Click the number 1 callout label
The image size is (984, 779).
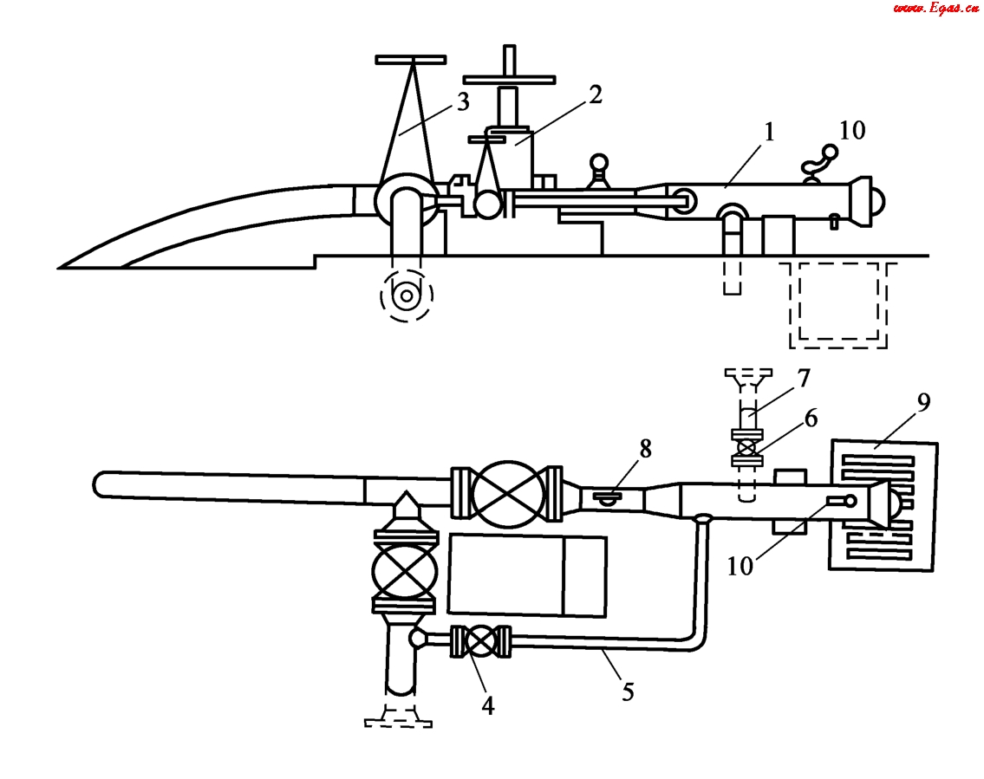coord(770,133)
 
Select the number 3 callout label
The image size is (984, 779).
coord(462,102)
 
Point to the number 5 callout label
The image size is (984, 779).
coord(627,691)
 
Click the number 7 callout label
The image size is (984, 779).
coord(804,378)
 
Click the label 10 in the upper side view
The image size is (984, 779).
coord(852,130)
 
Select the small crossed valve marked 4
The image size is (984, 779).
coord(481,642)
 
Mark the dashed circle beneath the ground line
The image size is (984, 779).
coord(407,296)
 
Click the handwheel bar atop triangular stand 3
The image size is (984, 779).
coord(411,60)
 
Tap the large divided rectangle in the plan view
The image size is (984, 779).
coord(527,575)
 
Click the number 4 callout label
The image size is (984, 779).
coord(488,706)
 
